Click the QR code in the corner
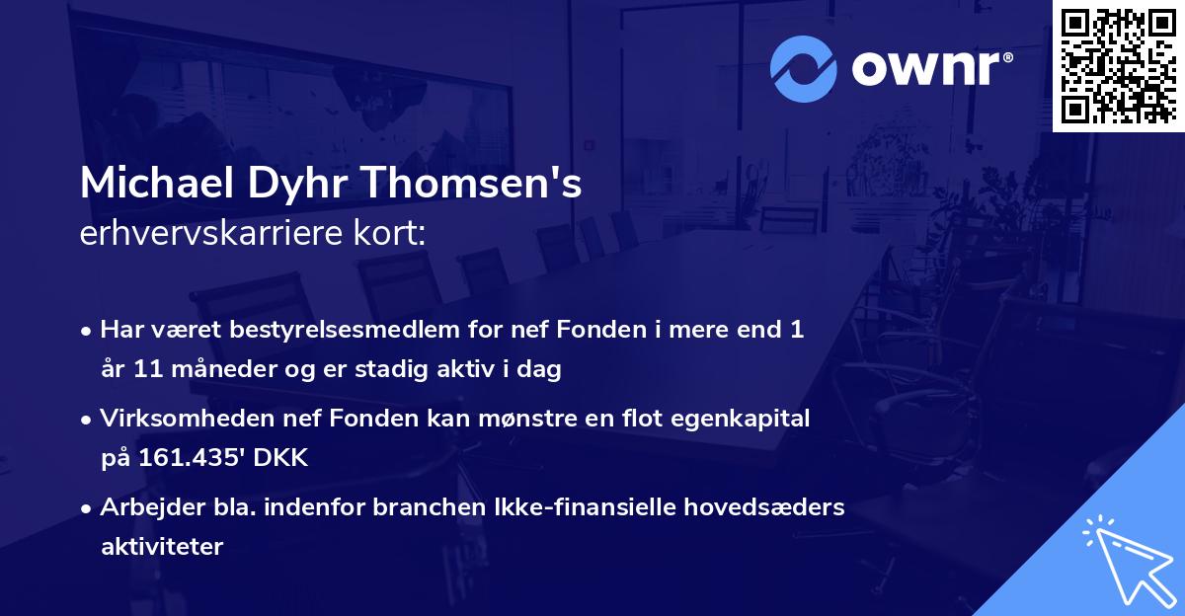click(x=1118, y=65)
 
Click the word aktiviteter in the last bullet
click(x=162, y=547)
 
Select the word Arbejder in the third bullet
click(x=143, y=507)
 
